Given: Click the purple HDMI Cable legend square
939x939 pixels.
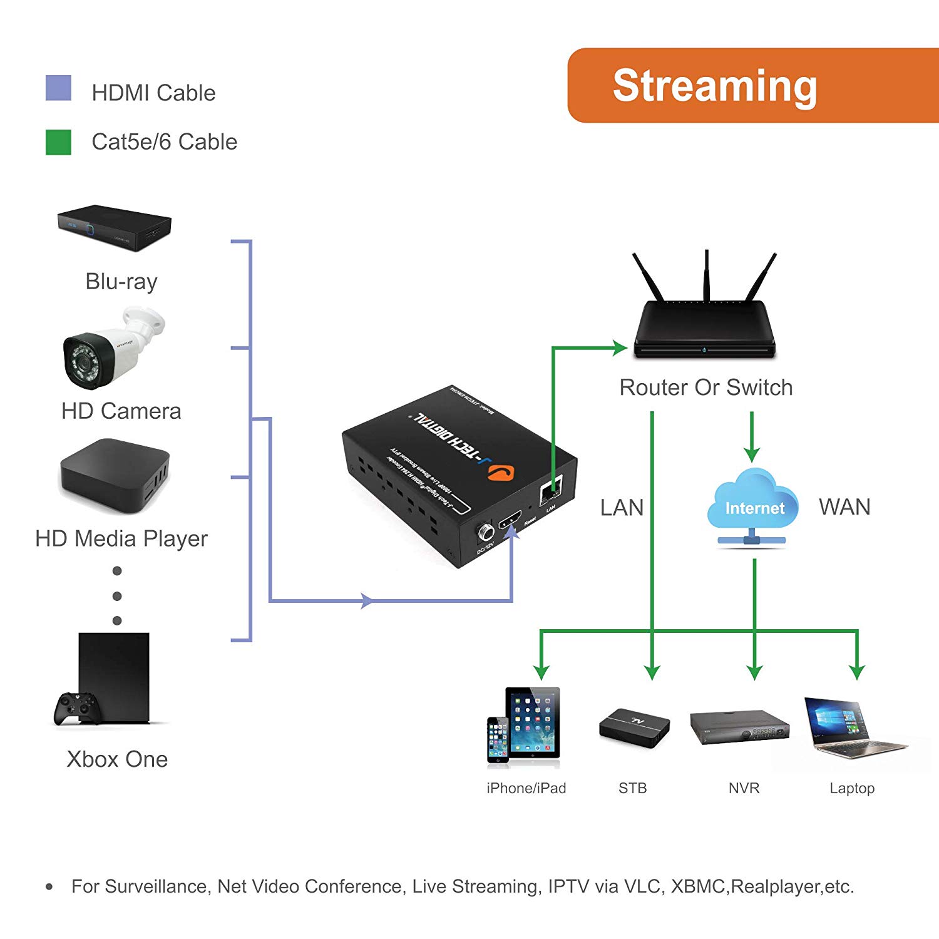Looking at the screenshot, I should (58, 88).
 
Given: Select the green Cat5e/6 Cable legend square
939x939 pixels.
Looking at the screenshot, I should (58, 142).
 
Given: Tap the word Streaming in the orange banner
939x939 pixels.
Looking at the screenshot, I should (714, 86).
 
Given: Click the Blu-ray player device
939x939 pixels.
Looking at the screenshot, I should (114, 227).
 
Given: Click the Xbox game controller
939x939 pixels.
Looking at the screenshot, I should (76, 707).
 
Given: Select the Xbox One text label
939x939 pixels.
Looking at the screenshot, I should (117, 759).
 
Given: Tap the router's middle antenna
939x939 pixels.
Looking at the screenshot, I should (707, 275).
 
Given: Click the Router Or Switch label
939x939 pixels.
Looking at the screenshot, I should (706, 387).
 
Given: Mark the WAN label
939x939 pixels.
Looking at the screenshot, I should (844, 507).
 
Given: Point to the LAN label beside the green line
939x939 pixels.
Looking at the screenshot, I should (622, 508).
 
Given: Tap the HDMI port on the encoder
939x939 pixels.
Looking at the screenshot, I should (510, 521).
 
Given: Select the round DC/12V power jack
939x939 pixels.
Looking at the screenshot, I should (486, 533).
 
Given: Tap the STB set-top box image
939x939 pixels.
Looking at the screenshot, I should (634, 727).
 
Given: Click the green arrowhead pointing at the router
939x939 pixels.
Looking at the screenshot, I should (620, 348).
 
